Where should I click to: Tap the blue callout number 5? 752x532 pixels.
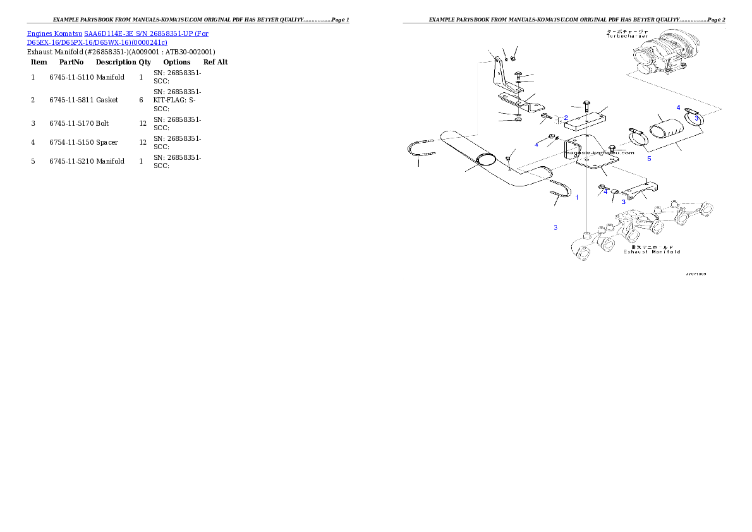[649, 159]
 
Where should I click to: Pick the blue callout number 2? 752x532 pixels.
[566, 118]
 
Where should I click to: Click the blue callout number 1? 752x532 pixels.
[576, 197]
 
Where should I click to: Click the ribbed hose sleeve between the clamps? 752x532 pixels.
[667, 132]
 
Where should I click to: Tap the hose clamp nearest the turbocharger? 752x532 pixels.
[693, 118]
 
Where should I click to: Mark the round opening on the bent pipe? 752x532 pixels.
[485, 161]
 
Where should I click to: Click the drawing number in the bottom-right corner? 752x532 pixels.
[696, 274]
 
